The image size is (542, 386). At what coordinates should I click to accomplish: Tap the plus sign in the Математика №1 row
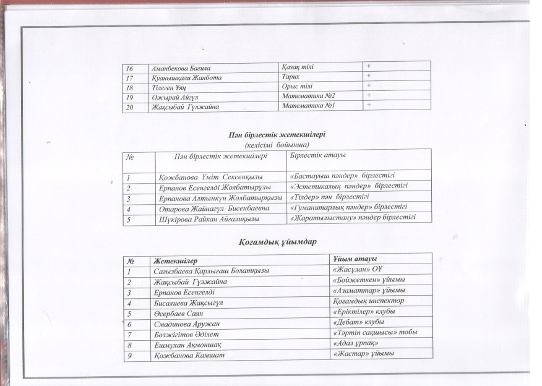pyautogui.click(x=368, y=105)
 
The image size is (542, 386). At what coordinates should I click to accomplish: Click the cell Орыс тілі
pyautogui.click(x=296, y=85)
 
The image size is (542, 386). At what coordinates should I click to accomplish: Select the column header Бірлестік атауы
pyautogui.click(x=318, y=154)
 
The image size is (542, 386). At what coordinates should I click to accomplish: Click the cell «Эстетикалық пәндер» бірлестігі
pyautogui.click(x=349, y=186)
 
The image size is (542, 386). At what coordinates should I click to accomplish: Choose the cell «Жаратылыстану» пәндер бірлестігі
pyautogui.click(x=352, y=218)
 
